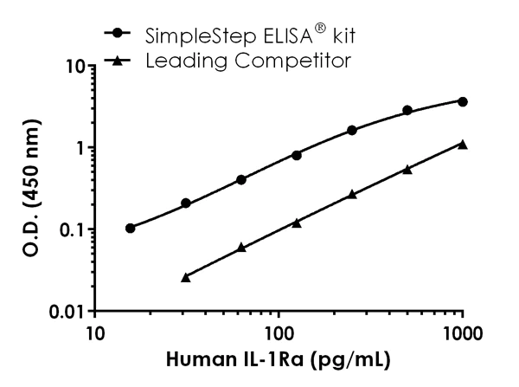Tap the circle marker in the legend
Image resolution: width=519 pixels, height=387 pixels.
pyautogui.click(x=119, y=34)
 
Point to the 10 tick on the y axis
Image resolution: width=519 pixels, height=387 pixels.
pyautogui.click(x=74, y=66)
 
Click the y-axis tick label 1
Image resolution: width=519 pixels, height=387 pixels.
pyautogui.click(x=79, y=147)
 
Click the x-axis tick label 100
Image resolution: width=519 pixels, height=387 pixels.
pyautogui.click(x=279, y=333)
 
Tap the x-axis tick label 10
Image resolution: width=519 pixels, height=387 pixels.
pyautogui.click(x=95, y=333)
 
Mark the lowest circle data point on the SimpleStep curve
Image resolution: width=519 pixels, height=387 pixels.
pyautogui.click(x=131, y=229)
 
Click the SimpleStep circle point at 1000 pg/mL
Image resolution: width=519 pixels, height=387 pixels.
pyautogui.click(x=463, y=101)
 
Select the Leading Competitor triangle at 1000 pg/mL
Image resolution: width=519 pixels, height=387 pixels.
pyautogui.click(x=463, y=144)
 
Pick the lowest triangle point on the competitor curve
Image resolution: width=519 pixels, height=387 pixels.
pyautogui.click(x=186, y=277)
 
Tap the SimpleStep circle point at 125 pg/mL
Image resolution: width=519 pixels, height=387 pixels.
pyautogui.click(x=297, y=155)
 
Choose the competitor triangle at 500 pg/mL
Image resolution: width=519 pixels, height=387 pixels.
pyautogui.click(x=407, y=169)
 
